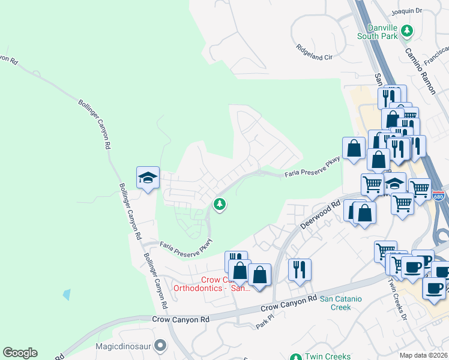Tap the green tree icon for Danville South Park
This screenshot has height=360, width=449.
point(407,30)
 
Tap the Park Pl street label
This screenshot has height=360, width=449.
point(264,325)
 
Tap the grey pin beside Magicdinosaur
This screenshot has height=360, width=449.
point(160,346)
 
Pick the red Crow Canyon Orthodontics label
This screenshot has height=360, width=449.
point(204,284)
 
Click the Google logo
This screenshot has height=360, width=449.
point(20,353)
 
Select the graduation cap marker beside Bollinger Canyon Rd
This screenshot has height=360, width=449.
point(148,178)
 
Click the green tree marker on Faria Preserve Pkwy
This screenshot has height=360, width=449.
point(220,205)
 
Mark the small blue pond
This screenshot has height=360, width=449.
point(66,295)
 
